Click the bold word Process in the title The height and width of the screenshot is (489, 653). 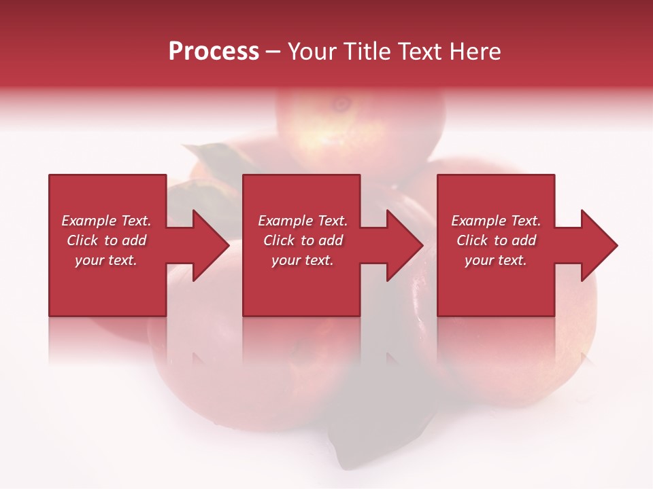tap(214, 52)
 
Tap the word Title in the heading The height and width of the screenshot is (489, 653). tap(368, 52)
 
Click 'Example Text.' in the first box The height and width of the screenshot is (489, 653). tap(106, 221)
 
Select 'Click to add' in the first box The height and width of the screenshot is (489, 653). tap(106, 240)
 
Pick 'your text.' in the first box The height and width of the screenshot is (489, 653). tap(106, 260)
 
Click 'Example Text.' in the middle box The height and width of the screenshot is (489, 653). tap(303, 221)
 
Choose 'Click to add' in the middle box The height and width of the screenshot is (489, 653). tap(303, 240)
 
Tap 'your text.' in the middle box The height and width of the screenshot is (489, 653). tap(303, 260)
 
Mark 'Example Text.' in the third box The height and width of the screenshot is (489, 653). tap(496, 221)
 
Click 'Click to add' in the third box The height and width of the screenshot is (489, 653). tap(496, 240)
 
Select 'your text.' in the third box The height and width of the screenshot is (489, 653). tap(496, 260)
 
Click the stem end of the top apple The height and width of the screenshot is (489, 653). tap(340, 104)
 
